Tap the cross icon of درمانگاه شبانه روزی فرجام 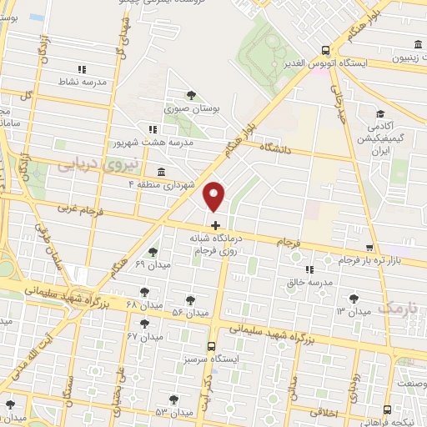pyautogui.click(x=215, y=225)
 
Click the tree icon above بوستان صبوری pyautogui.click(x=191, y=95)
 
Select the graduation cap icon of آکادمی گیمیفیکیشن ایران pyautogui.click(x=380, y=114)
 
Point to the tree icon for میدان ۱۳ pyautogui.click(x=354, y=297)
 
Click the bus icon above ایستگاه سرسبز pyautogui.click(x=211, y=345)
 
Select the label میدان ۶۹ pyautogui.click(x=151, y=264)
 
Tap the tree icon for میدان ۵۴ pyautogui.click(x=190, y=299)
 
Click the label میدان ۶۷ pyautogui.click(x=143, y=334)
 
